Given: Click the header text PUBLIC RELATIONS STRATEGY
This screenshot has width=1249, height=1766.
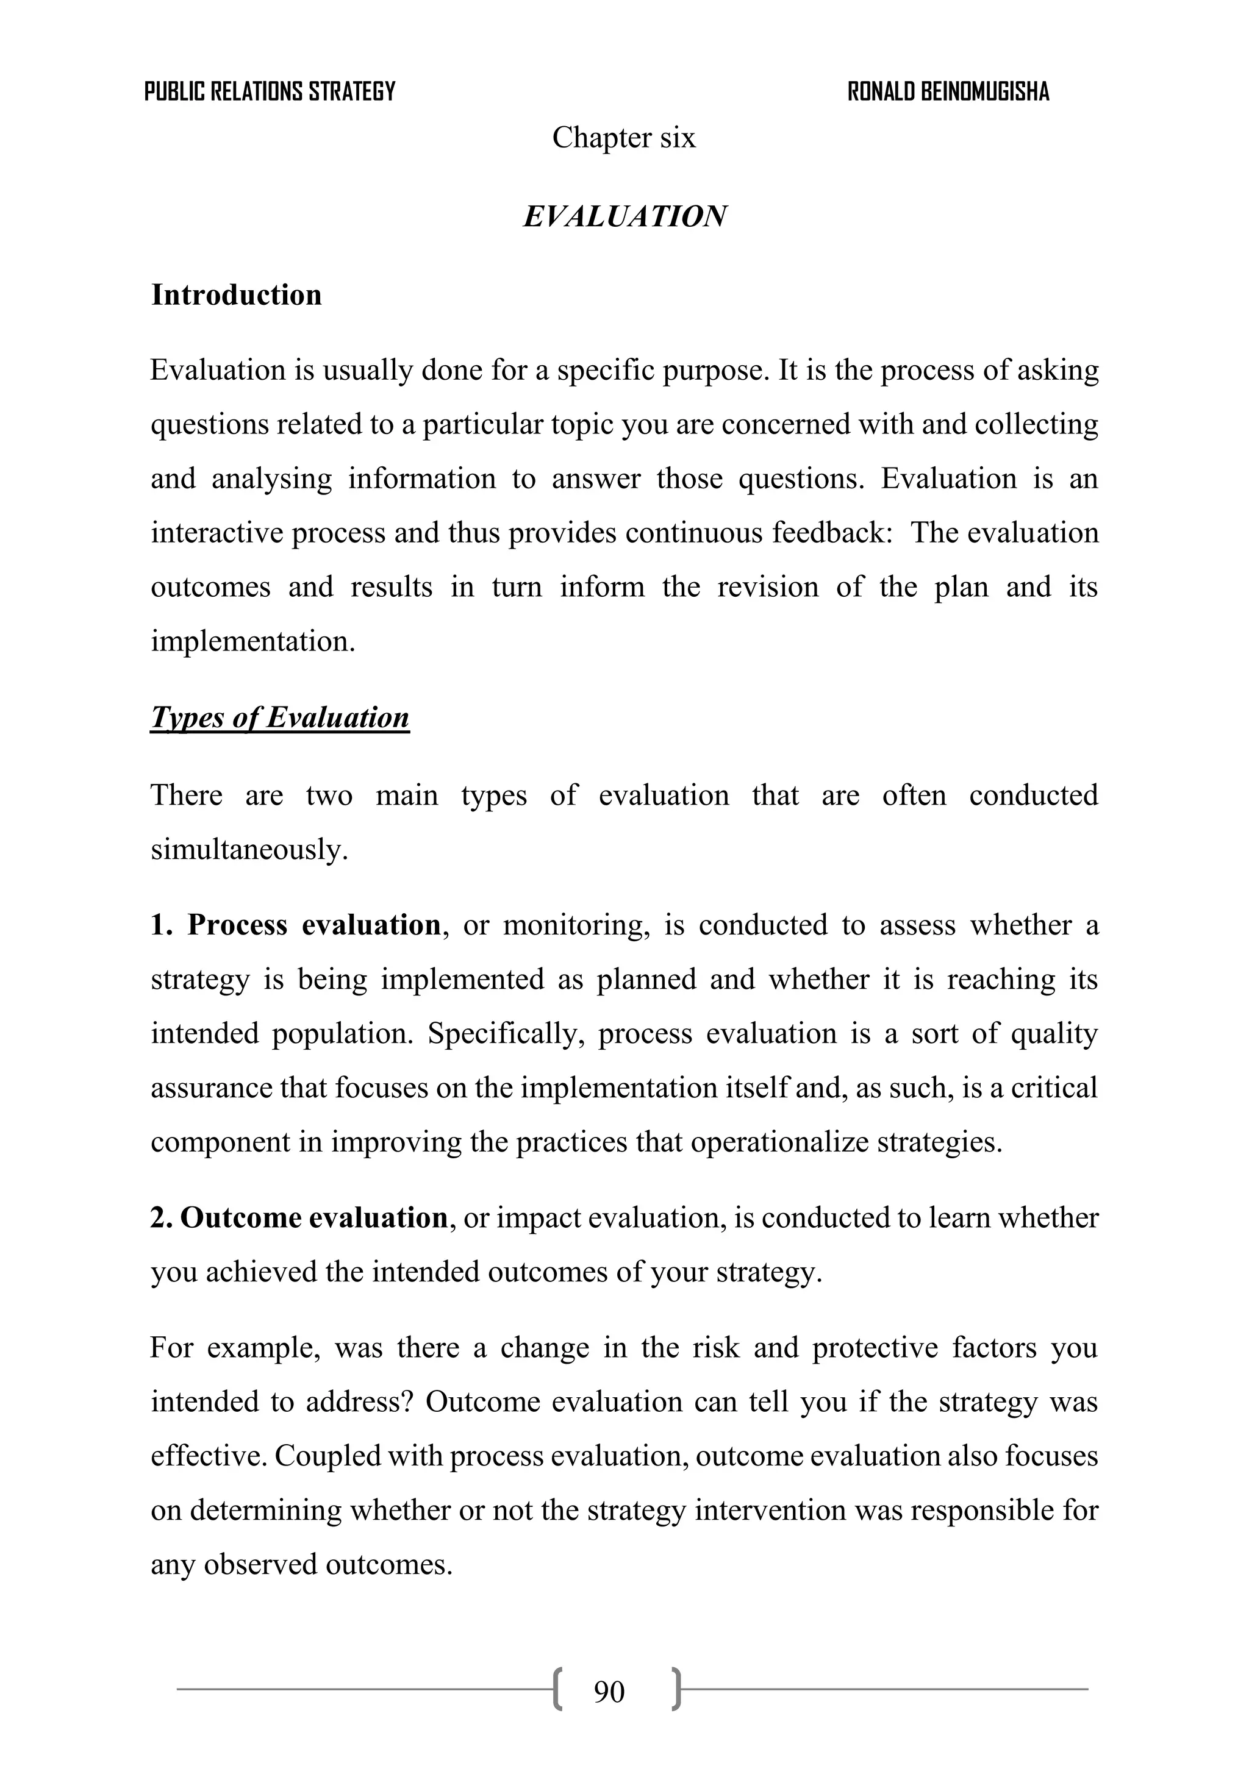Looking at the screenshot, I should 270,91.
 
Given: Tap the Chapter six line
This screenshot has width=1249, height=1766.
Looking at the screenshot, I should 623,138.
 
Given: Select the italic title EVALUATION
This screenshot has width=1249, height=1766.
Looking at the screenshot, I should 624,216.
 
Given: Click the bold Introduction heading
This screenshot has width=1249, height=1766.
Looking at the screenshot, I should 236,294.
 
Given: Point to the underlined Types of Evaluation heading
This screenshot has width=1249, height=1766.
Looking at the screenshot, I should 279,717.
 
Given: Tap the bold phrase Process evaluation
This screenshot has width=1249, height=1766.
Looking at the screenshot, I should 314,925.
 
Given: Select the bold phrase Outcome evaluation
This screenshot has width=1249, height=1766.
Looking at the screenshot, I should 313,1217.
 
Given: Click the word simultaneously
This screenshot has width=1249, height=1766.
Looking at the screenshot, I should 249,849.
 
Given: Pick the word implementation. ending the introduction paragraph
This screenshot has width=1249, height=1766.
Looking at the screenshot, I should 252,641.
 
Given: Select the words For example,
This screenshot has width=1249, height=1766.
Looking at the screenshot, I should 235,1348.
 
